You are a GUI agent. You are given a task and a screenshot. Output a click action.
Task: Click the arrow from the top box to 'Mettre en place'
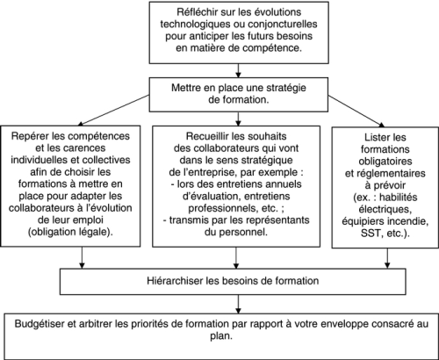click(x=238, y=70)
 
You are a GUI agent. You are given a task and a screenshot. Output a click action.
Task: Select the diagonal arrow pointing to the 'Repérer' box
click(x=114, y=111)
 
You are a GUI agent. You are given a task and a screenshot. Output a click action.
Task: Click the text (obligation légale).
click(x=70, y=232)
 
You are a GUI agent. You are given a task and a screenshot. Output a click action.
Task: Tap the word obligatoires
click(x=385, y=162)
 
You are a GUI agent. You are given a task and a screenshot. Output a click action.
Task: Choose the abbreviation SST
click(x=371, y=234)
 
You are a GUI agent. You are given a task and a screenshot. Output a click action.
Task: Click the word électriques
click(x=385, y=210)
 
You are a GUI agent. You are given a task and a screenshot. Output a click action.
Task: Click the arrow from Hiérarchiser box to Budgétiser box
click(x=238, y=304)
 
